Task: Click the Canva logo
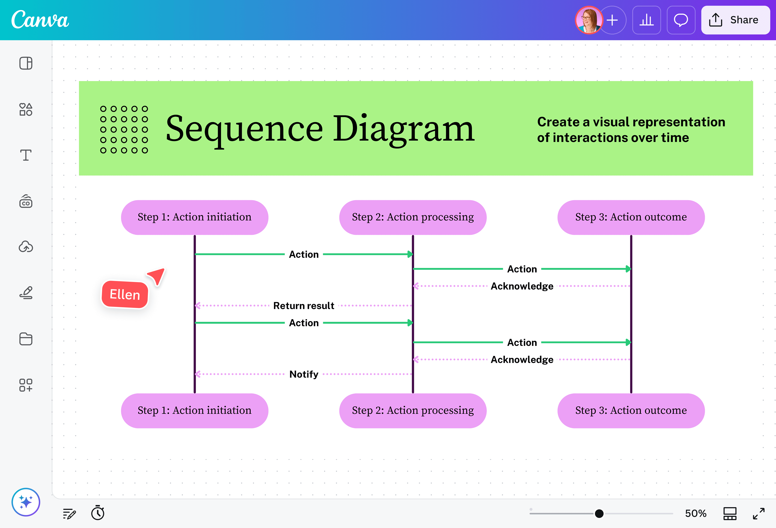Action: [40, 20]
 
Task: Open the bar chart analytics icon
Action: [646, 20]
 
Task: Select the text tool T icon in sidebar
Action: [26, 155]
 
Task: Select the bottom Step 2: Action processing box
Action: [413, 411]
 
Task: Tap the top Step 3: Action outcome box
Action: [631, 217]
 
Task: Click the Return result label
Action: [303, 306]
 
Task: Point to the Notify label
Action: [303, 374]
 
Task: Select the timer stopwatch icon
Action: [98, 513]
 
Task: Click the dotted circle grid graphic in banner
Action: [124, 129]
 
